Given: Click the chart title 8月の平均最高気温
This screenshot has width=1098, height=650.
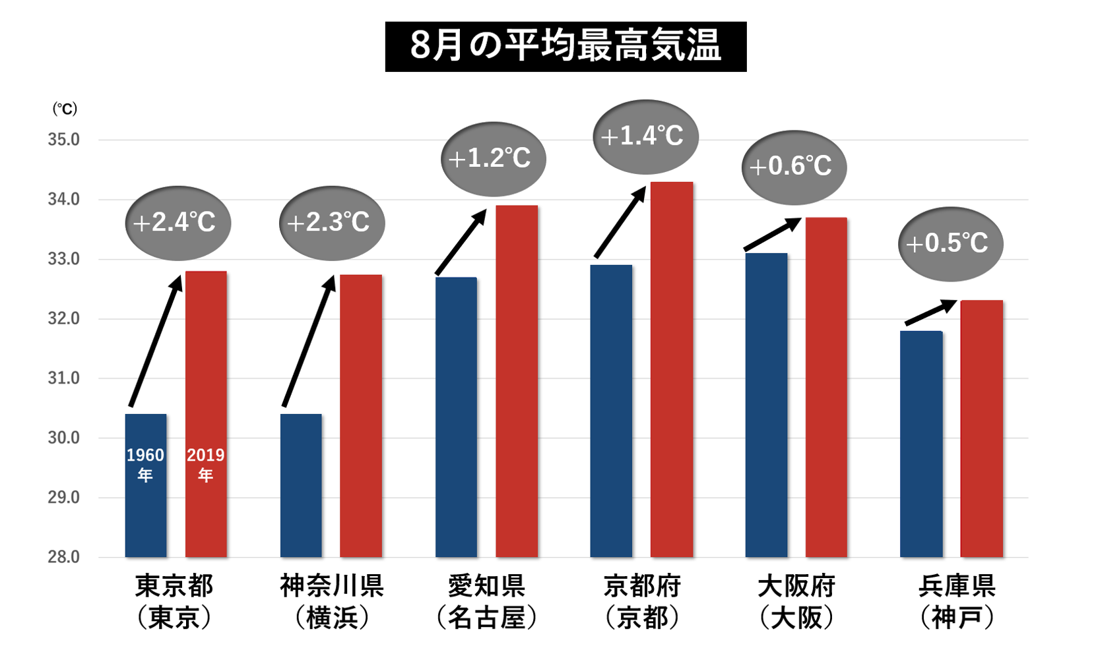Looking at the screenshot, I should [x=565, y=46].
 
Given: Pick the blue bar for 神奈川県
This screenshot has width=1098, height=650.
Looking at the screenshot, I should [x=301, y=485].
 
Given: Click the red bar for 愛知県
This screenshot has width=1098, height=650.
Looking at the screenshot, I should [x=517, y=381].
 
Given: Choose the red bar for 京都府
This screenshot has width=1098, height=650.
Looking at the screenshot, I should [x=672, y=369].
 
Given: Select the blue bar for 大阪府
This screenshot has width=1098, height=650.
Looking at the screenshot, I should [x=766, y=405].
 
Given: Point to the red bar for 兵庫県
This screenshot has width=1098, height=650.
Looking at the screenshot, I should [x=981, y=428].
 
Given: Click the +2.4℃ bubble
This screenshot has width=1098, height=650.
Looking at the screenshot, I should [x=178, y=223].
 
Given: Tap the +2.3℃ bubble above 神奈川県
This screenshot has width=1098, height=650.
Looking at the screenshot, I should [x=332, y=223].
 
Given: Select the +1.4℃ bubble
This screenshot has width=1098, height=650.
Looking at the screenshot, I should [x=645, y=136].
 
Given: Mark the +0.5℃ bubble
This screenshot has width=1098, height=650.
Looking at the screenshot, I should [x=950, y=244].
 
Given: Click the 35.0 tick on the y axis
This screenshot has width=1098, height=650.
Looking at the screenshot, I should [x=63, y=140].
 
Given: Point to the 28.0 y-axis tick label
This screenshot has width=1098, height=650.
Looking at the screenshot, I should [x=63, y=557].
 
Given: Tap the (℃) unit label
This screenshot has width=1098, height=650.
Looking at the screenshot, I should [x=65, y=109].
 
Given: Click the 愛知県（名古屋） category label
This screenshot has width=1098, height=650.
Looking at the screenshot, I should [x=486, y=601].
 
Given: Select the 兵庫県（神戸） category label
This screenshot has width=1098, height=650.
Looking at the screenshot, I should [x=956, y=601].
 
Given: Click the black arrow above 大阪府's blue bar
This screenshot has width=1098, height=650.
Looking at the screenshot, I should [x=773, y=234].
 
